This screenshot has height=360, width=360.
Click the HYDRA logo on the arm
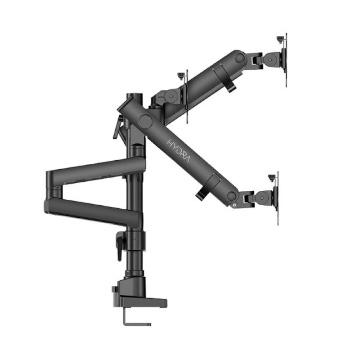[178, 151]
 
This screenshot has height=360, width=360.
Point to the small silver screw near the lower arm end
[234, 205]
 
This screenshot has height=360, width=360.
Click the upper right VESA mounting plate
[285, 60]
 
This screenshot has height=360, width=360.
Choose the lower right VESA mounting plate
[276, 198]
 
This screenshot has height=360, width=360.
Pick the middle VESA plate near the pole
[186, 96]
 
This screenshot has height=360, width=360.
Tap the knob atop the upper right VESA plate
[280, 39]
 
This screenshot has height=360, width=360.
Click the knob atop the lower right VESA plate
[272, 177]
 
